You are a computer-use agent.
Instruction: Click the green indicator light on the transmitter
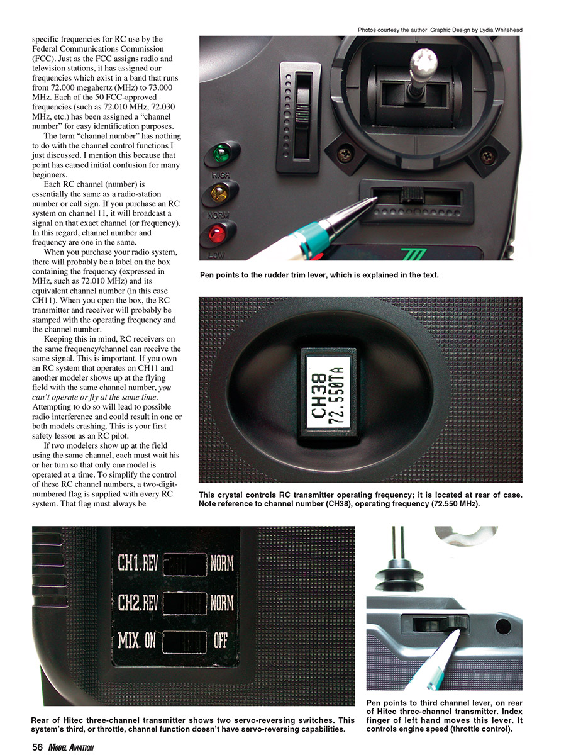(220, 154)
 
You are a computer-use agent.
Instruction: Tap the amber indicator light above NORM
(218, 193)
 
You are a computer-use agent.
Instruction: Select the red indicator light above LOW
(218, 235)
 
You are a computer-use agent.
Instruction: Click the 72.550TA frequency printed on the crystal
(336, 391)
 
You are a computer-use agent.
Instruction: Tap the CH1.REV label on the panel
(138, 562)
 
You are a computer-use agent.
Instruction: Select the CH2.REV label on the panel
(138, 603)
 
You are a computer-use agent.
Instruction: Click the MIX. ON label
(136, 641)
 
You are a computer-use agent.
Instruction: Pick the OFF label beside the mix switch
(221, 641)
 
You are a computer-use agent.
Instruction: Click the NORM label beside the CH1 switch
(222, 562)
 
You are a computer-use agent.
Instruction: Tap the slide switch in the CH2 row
(185, 603)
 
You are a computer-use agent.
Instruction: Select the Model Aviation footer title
(70, 747)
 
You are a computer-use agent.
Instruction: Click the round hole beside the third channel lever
(502, 627)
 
